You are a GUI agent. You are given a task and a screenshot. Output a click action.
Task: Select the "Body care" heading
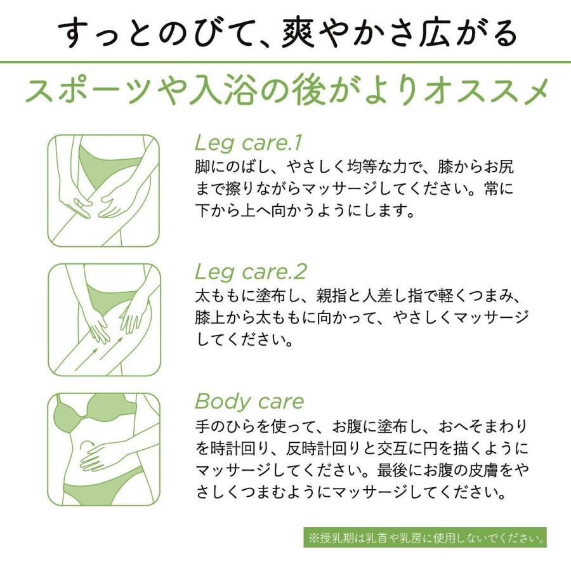click(x=249, y=402)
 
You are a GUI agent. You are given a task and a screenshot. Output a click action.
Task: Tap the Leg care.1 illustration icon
click(x=103, y=190)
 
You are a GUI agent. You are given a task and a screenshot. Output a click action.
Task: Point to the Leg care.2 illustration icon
click(x=103, y=320)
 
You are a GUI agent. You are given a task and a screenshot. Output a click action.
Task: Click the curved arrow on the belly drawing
click(x=88, y=442)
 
